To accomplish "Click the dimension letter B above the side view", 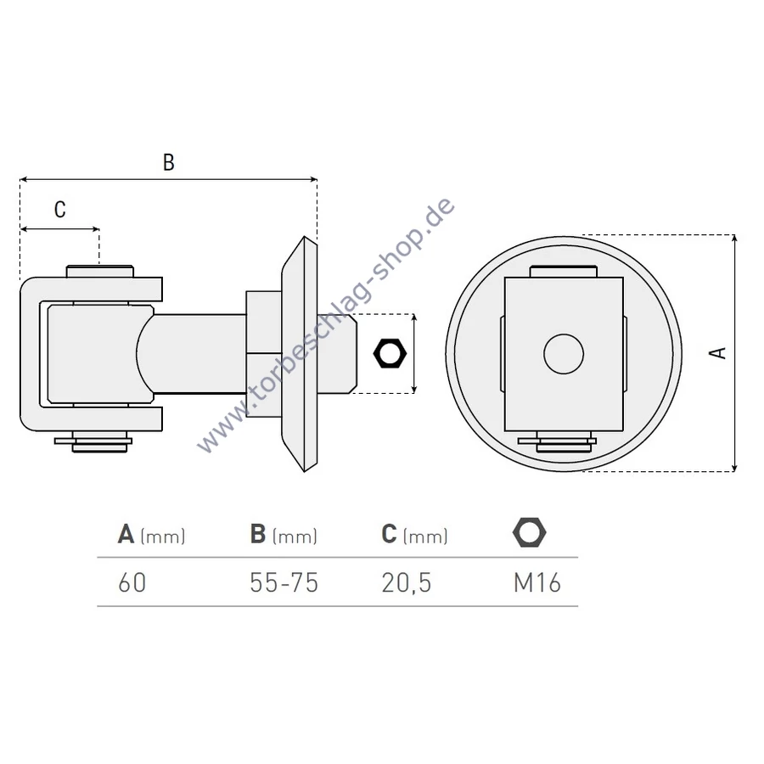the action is (169, 162).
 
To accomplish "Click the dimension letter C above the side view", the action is (60, 210).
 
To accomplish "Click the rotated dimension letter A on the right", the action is (717, 353).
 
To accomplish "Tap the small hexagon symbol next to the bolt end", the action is (390, 353).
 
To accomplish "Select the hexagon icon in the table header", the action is (530, 532).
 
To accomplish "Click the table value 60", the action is (132, 582).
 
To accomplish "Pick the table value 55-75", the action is (284, 582).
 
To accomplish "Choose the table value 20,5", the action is (407, 582).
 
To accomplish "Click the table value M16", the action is (537, 582).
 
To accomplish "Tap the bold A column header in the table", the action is (126, 534).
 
